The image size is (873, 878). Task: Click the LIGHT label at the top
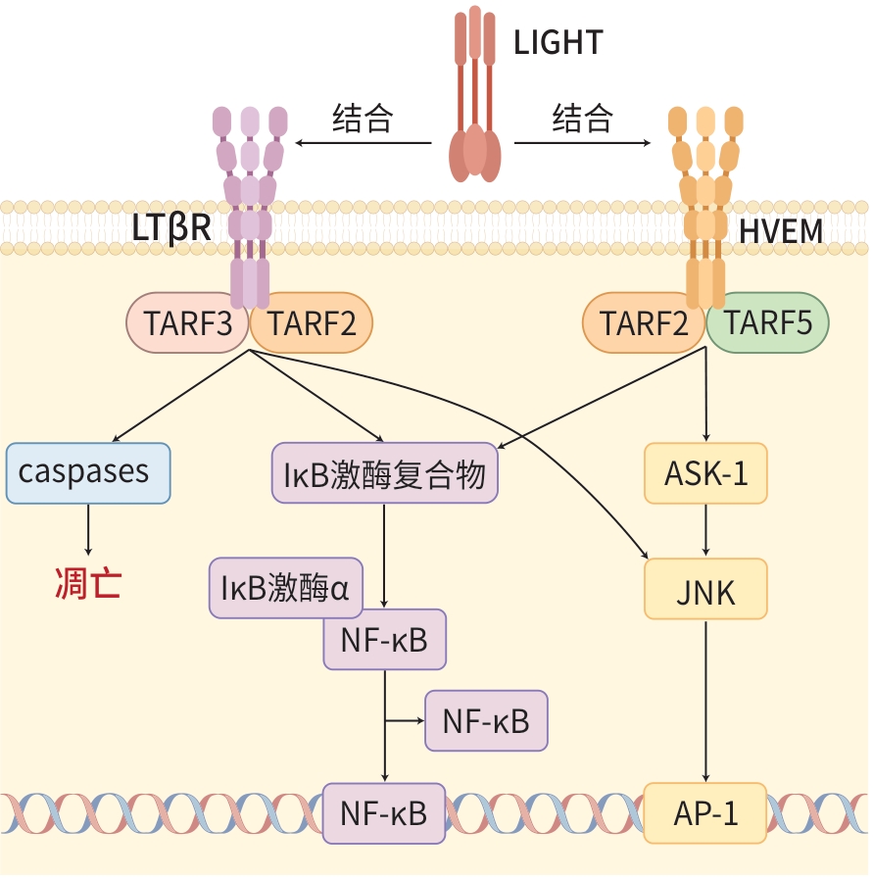point(558,42)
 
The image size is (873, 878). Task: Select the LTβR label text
point(172,228)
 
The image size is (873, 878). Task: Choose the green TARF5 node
point(768,322)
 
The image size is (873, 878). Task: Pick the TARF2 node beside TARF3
point(313,322)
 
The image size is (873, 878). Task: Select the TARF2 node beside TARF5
point(644,322)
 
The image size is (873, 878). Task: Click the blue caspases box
point(88,473)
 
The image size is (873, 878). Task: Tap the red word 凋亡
point(88,584)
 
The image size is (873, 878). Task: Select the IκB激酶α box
point(285,589)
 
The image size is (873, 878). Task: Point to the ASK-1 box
point(705,473)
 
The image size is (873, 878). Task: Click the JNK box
point(705,591)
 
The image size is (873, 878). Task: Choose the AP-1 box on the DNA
point(705,813)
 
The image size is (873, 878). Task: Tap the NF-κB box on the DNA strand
point(384,813)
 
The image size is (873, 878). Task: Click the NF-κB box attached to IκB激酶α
point(384,640)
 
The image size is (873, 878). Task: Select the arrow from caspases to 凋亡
point(88,529)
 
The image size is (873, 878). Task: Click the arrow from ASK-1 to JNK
point(705,531)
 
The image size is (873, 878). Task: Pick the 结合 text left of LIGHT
point(363,119)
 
